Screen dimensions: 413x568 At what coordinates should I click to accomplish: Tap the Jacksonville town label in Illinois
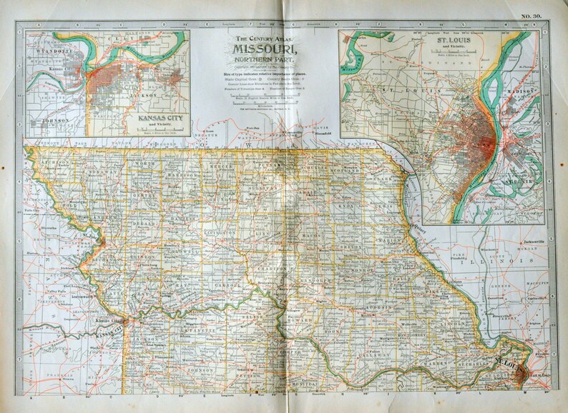(x=534, y=243)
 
